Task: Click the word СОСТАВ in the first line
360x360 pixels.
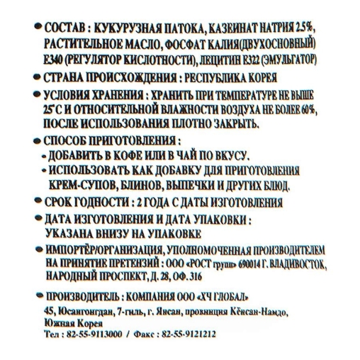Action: (62, 28)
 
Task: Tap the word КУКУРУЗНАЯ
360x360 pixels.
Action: (124, 28)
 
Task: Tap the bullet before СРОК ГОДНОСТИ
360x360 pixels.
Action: (36, 203)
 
